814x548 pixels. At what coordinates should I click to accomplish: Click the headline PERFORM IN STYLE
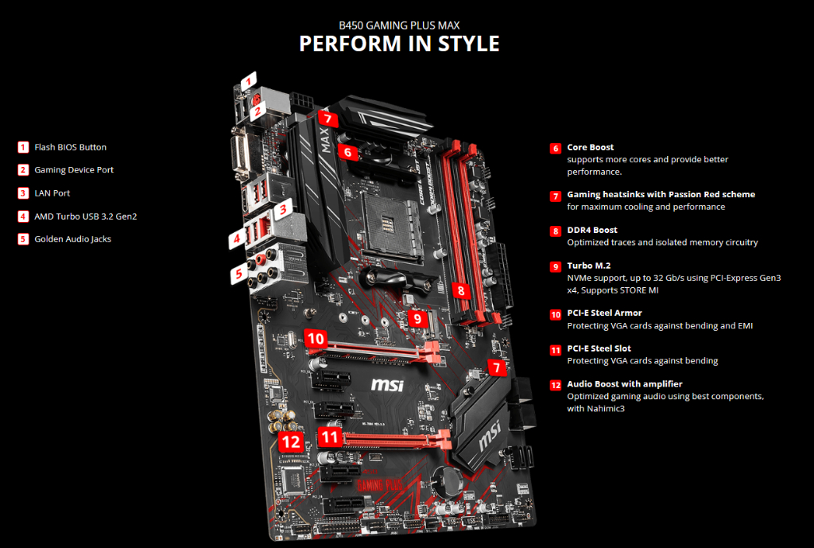[399, 43]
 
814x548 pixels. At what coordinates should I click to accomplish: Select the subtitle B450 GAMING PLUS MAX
[399, 25]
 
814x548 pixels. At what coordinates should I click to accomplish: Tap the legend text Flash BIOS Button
[70, 147]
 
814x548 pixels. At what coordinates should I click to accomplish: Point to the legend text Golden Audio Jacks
[72, 239]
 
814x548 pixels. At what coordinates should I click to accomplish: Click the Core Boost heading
[590, 148]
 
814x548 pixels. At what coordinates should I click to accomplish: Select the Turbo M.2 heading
[589, 266]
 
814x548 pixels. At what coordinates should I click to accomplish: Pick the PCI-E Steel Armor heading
[604, 313]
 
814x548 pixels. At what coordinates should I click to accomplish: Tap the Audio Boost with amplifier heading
[625, 383]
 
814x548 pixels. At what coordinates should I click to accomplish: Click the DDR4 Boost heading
[591, 231]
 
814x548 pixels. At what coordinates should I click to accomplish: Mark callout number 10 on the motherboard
[316, 339]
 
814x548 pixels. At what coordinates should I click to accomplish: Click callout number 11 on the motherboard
[330, 437]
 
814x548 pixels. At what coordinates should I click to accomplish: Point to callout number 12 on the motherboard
[292, 441]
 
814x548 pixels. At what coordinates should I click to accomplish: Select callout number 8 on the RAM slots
[461, 290]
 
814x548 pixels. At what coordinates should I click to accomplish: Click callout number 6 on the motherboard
[347, 151]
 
